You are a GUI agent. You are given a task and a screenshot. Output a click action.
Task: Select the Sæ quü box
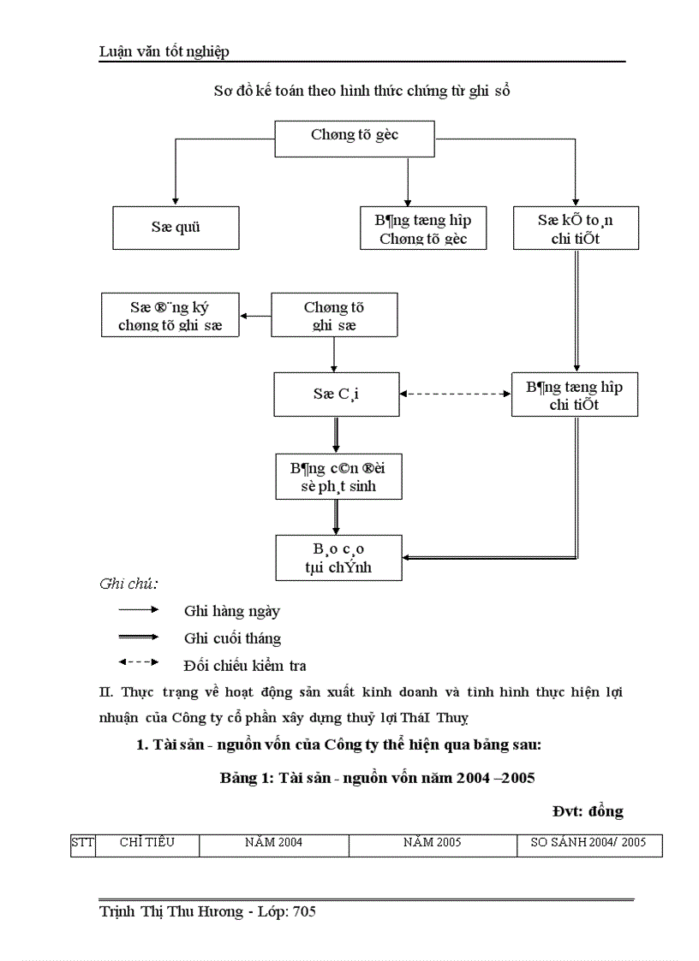tap(176, 228)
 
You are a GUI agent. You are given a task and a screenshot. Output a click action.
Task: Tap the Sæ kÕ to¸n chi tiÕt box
tap(576, 228)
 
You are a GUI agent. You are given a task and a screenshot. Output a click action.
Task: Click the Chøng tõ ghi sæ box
tap(334, 315)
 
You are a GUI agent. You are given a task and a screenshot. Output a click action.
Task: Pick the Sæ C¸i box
tap(337, 394)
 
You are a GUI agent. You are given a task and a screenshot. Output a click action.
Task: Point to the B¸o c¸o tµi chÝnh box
tap(338, 557)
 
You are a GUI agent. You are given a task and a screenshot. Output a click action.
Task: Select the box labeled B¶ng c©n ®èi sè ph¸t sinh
tap(338, 477)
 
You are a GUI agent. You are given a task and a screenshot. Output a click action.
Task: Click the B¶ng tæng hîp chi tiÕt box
tap(574, 395)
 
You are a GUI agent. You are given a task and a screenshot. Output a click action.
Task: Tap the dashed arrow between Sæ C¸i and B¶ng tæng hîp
tap(455, 394)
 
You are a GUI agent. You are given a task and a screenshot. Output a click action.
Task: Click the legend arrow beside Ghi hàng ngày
tap(139, 610)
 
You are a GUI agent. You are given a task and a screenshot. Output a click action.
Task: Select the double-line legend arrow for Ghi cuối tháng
tap(139, 637)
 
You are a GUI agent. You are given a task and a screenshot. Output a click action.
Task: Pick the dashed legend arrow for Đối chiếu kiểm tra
tap(139, 662)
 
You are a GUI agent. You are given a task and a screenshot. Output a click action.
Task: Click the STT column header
tap(82, 843)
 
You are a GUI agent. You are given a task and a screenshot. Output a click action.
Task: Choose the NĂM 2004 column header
tap(273, 843)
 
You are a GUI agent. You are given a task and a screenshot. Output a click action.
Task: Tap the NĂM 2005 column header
tap(433, 843)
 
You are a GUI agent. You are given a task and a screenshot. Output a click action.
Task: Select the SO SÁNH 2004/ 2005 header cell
tap(588, 843)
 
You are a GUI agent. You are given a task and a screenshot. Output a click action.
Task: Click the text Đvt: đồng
tap(587, 810)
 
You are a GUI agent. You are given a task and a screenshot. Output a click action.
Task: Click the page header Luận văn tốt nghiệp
tap(164, 52)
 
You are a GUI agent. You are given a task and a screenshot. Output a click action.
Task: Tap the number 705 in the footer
tap(304, 912)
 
